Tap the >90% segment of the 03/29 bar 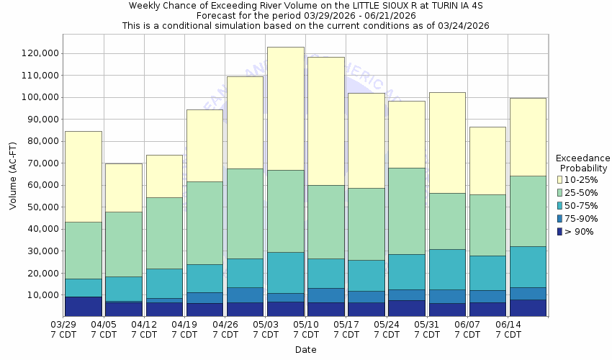[83, 306]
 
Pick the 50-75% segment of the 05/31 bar [447, 269]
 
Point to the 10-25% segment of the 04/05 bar [123, 187]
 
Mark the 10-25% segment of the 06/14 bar [528, 137]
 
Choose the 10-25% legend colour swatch [560, 179]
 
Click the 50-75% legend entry [580, 205]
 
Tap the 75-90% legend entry [580, 218]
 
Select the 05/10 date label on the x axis [307, 330]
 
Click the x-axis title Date [305, 350]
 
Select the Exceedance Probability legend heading [583, 163]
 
